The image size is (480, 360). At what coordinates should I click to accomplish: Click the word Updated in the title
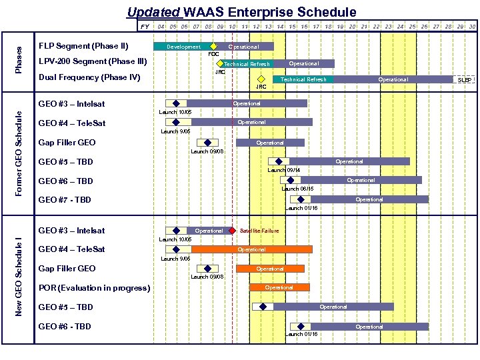click(153, 12)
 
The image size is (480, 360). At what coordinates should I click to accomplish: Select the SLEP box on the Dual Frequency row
click(465, 79)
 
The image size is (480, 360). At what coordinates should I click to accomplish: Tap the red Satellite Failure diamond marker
click(232, 231)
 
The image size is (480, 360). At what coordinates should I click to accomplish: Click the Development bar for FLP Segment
click(183, 47)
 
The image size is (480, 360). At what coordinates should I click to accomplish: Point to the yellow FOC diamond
click(213, 47)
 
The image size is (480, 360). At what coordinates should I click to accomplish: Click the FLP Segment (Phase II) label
click(83, 47)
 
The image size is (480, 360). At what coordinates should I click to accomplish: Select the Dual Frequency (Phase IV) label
click(89, 77)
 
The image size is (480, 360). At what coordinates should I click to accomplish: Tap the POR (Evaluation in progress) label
click(94, 288)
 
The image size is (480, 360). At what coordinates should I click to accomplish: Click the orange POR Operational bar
click(280, 287)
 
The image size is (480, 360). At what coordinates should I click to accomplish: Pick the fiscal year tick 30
click(471, 27)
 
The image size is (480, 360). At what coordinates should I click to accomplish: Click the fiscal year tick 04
click(161, 27)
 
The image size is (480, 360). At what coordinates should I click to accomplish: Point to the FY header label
click(145, 27)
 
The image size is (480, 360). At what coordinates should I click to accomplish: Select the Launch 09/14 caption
click(284, 170)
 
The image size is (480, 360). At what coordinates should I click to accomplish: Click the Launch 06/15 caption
click(297, 189)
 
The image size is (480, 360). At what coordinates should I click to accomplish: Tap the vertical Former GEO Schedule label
click(19, 154)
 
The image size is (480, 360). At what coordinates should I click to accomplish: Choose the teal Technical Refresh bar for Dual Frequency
click(303, 79)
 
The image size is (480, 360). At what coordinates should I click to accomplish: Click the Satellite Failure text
click(259, 231)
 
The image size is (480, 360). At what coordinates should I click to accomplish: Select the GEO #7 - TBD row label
click(65, 200)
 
